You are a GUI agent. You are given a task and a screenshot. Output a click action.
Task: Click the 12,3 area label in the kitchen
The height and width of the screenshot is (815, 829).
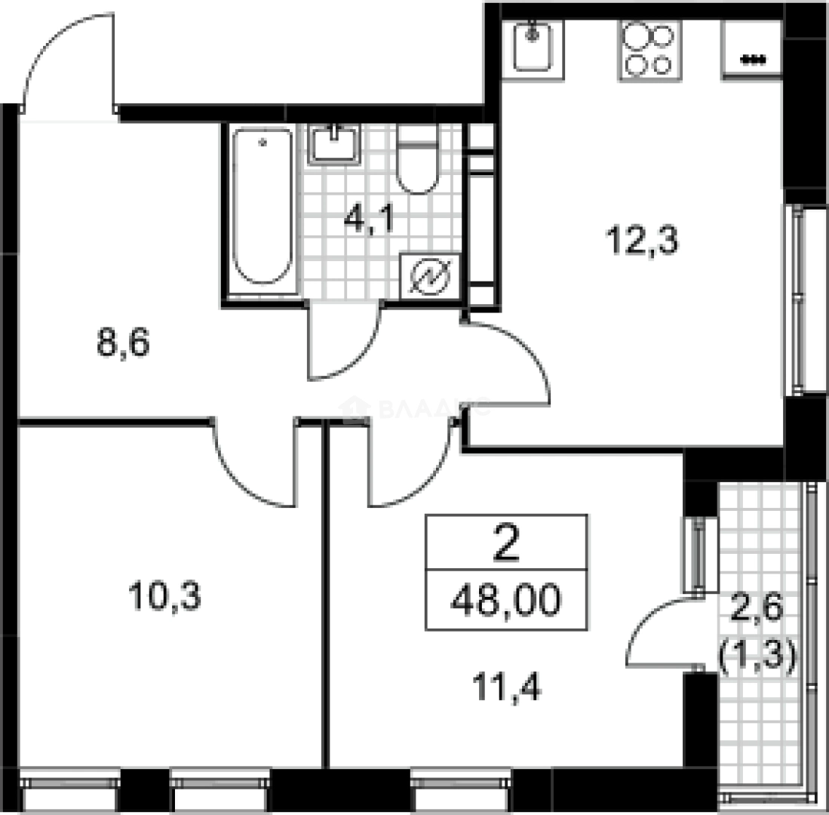point(643,241)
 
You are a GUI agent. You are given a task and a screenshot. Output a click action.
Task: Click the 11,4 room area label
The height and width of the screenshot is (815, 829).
point(507,687)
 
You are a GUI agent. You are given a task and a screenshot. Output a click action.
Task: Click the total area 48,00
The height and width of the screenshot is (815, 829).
point(506,602)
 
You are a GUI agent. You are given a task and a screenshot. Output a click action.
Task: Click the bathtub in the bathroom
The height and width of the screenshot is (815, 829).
point(262,208)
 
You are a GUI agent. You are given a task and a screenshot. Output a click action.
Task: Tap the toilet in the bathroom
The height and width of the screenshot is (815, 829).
point(417,160)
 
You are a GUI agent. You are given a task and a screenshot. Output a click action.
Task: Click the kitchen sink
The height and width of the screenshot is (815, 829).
point(533,45)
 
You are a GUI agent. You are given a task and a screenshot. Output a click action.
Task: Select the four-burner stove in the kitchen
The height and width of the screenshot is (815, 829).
point(650,50)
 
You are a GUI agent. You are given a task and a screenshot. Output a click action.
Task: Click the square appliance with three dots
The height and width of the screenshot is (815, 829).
point(753,49)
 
